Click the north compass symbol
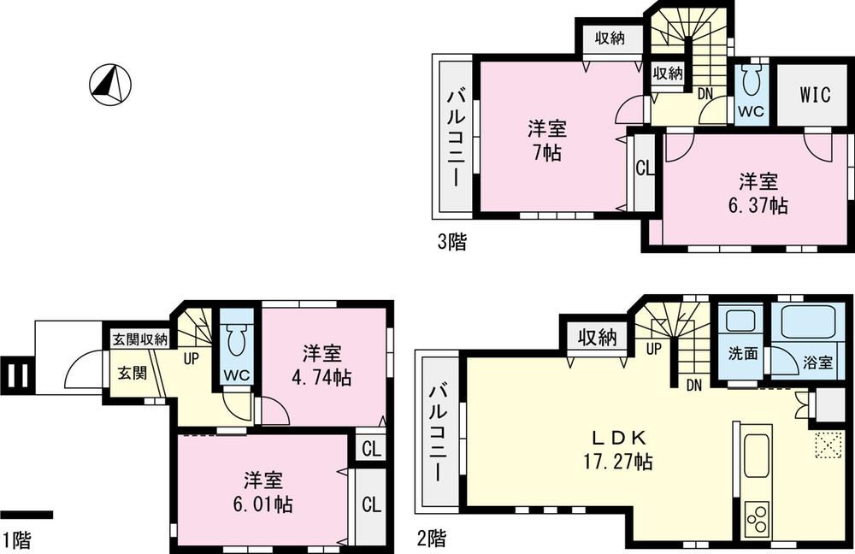pos(109,85)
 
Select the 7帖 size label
pos(545,156)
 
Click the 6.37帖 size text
pos(758,206)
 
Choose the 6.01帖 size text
pos(262,504)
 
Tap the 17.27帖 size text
pos(614,463)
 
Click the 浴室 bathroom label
pos(817,362)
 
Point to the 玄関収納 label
pos(140,340)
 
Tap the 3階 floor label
pos(452,242)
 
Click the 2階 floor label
pos(430,539)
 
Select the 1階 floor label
pos(17,539)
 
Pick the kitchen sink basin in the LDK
pos(758,456)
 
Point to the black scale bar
pos(27,515)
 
